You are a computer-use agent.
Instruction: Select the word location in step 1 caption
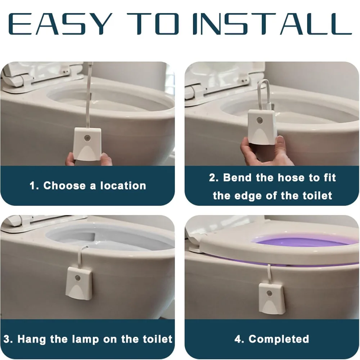coord(123,186)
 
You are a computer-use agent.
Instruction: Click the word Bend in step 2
coord(238,177)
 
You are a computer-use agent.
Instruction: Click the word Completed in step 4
coord(279,339)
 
